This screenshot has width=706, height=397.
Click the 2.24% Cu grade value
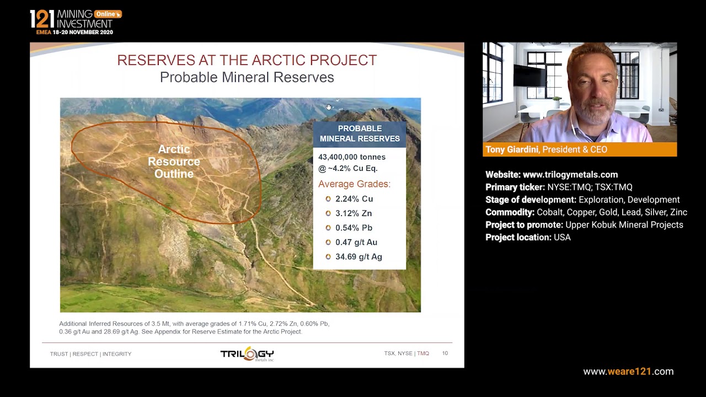[x=354, y=199]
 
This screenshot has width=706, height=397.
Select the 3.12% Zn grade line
[x=353, y=213]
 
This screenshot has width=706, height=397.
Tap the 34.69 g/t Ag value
[x=359, y=256]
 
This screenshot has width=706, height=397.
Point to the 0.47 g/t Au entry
[x=356, y=242]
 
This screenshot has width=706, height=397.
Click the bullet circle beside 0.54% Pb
[x=328, y=228]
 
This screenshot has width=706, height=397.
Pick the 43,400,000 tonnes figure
[x=352, y=157]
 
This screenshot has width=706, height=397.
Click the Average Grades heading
[x=354, y=184]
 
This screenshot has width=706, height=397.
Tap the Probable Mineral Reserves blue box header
[x=360, y=133]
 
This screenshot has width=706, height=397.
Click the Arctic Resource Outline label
[x=174, y=162]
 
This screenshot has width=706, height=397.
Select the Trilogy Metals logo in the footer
[x=247, y=354]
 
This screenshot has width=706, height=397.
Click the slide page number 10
[x=445, y=353]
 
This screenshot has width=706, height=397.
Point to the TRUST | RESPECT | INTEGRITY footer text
[x=90, y=354]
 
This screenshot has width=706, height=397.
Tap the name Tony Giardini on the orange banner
[x=512, y=149]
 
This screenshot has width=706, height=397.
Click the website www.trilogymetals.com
[x=570, y=175]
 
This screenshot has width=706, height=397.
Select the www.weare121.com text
[x=628, y=372]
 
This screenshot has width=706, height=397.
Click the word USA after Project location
[x=562, y=238]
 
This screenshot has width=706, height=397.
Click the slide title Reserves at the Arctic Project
[x=247, y=61]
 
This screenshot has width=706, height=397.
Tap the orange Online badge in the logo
[x=107, y=14]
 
